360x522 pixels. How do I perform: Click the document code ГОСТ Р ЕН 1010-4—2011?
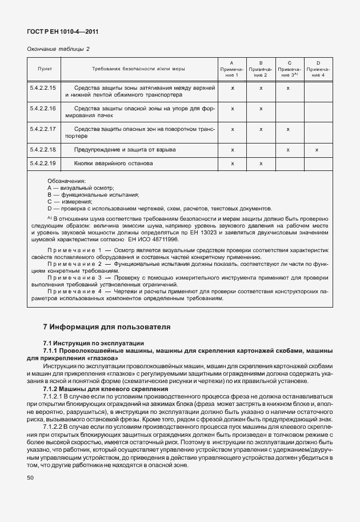click(x=59, y=32)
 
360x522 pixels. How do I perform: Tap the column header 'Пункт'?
click(x=45, y=69)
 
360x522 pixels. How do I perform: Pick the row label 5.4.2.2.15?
click(x=43, y=89)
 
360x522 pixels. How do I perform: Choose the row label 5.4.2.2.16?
click(x=43, y=108)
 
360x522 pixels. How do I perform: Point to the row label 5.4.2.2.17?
click(x=43, y=129)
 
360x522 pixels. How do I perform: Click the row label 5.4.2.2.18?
click(x=43, y=149)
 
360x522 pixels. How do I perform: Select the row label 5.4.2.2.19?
click(x=43, y=164)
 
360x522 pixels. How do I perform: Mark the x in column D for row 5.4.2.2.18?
click(x=317, y=149)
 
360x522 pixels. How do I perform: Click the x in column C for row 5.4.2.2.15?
click(x=289, y=89)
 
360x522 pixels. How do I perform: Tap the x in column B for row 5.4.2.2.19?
click(x=261, y=164)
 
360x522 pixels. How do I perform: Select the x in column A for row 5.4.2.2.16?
click(x=233, y=108)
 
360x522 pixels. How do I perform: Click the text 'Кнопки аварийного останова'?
click(x=114, y=164)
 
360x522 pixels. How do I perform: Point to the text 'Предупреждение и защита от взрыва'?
click(x=125, y=149)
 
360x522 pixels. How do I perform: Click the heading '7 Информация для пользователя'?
click(x=107, y=328)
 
